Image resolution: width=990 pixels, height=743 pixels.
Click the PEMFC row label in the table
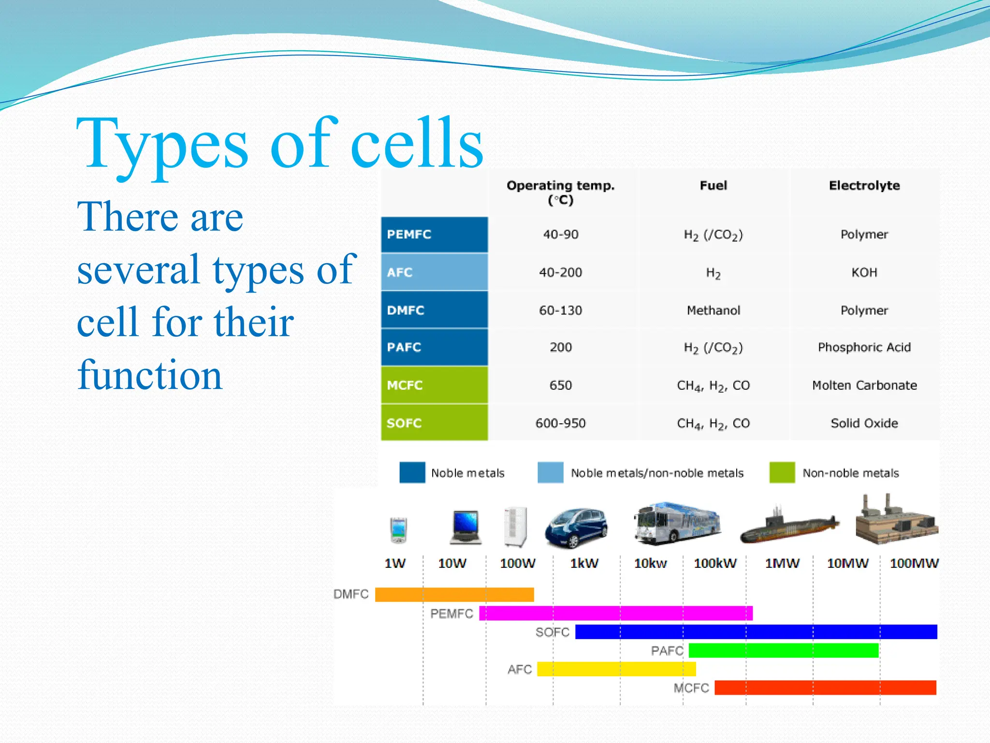[x=434, y=235]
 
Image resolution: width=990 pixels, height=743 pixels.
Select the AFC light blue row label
[x=434, y=272]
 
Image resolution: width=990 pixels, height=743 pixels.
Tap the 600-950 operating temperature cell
[x=560, y=423]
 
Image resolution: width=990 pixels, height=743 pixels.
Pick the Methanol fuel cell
[x=713, y=310]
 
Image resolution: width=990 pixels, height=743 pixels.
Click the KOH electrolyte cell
[x=864, y=272]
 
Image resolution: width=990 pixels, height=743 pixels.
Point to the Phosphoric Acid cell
[x=864, y=347]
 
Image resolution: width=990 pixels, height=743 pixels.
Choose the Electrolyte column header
[x=864, y=186]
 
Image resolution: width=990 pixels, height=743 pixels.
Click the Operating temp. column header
[x=560, y=192]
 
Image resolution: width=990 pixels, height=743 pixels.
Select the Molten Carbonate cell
[x=864, y=386]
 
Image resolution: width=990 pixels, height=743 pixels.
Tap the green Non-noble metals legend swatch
[x=782, y=473]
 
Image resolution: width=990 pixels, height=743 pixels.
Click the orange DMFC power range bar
[x=454, y=594]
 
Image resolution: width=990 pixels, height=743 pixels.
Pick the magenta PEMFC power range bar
[x=615, y=613]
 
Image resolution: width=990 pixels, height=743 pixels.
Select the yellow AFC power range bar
[x=616, y=669]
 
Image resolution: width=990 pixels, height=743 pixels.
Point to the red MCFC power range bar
[x=825, y=687]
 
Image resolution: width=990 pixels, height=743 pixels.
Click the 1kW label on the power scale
[x=584, y=564]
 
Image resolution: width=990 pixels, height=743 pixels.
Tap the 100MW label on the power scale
[x=914, y=564]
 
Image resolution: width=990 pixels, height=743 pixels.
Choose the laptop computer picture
[x=466, y=527]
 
